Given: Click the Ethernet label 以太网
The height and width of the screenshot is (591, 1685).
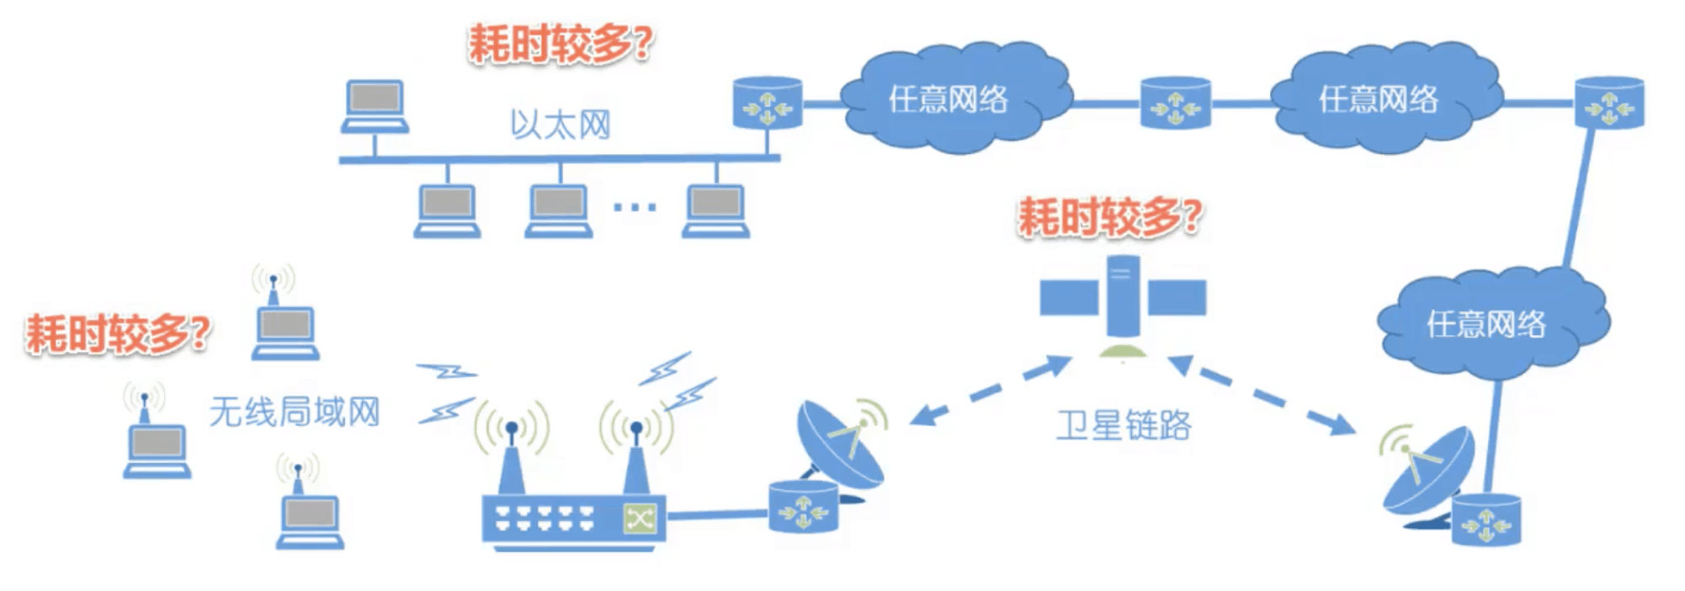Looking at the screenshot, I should [560, 125].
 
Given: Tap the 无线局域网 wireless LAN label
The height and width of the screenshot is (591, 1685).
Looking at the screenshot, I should [294, 412].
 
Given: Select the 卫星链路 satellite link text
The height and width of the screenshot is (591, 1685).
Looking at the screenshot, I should [1124, 424].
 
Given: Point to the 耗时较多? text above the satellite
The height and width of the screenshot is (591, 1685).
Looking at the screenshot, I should [1109, 217].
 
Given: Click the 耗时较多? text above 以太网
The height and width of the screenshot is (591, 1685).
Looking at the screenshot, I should [560, 43].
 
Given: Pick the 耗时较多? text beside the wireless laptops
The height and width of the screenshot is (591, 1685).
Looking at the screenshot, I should [117, 333].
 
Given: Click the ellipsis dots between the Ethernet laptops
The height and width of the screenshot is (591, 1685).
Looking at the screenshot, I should [635, 206].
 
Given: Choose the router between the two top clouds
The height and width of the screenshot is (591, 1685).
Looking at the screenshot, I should [1175, 104].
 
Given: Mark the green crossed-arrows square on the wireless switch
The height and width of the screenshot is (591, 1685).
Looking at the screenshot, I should [640, 518].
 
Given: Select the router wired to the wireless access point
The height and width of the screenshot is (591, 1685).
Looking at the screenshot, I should [803, 508].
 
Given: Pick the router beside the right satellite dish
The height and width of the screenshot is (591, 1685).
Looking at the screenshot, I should [1486, 520].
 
